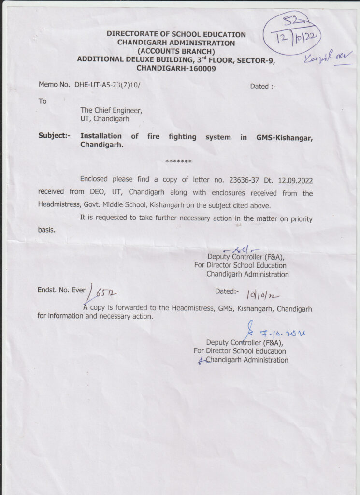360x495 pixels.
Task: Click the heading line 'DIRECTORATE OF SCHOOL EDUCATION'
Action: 176,35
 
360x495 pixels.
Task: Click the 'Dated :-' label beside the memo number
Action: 263,87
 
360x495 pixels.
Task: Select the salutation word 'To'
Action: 43,102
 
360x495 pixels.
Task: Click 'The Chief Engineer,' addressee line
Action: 111,110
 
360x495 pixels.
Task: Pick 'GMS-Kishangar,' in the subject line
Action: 284,137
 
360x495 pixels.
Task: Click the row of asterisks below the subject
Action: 178,161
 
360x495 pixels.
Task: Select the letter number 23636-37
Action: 240,180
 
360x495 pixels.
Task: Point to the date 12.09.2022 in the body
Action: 295,180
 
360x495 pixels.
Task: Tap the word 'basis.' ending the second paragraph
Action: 46,230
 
